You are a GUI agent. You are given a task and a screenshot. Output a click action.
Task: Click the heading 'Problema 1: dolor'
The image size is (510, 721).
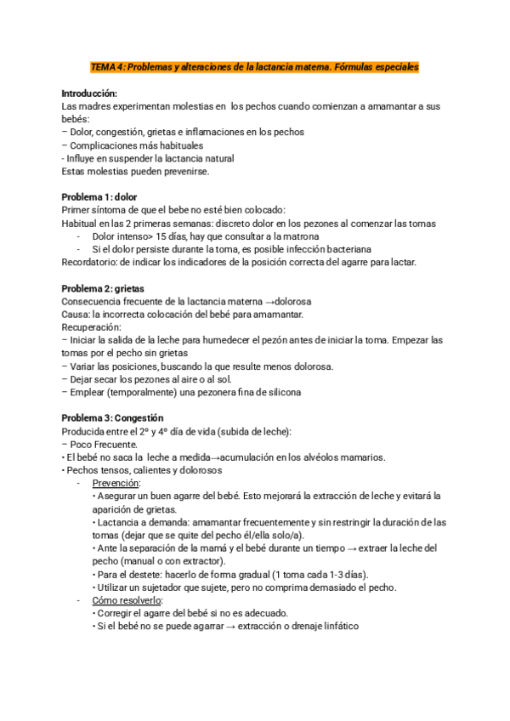click(x=100, y=197)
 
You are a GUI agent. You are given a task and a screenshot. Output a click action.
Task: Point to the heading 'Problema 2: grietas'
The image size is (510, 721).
click(x=104, y=289)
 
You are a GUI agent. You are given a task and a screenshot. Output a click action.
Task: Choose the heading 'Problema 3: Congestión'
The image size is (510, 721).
click(x=112, y=418)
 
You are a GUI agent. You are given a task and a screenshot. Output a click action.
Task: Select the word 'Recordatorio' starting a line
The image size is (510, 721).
click(x=90, y=263)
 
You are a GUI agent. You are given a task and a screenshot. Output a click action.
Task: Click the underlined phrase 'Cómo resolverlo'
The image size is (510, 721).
click(x=125, y=599)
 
